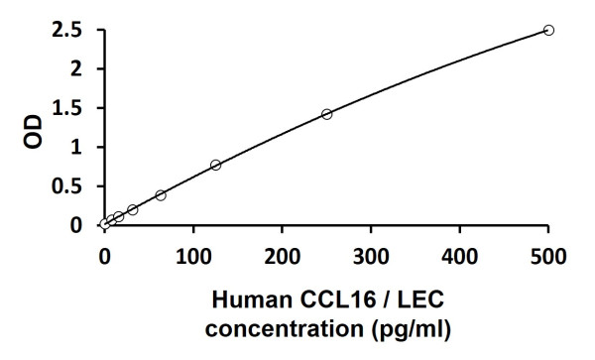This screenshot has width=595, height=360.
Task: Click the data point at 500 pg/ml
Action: (548, 30)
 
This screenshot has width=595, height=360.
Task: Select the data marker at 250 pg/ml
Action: (326, 114)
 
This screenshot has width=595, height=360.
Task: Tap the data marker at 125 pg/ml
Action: (215, 165)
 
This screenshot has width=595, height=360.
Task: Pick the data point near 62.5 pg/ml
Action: (161, 195)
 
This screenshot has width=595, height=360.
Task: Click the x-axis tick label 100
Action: (193, 256)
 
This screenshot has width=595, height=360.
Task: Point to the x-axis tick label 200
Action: (282, 256)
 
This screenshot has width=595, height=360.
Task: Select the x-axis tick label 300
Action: (371, 256)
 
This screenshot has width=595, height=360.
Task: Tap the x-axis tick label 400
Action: (459, 256)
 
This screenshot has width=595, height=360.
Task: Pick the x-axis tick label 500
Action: (548, 256)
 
